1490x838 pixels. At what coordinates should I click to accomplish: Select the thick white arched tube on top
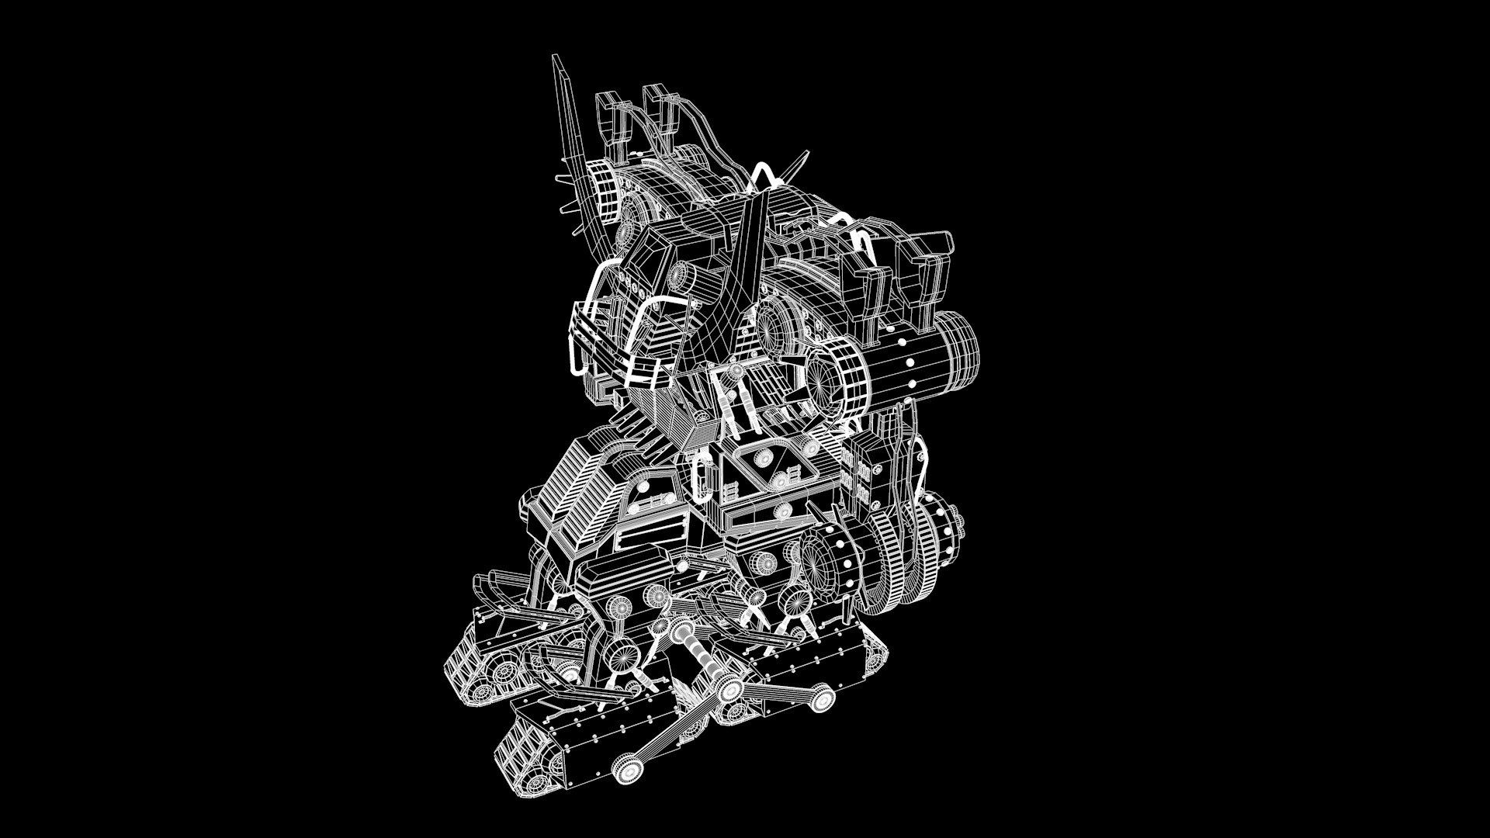[x=764, y=175]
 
